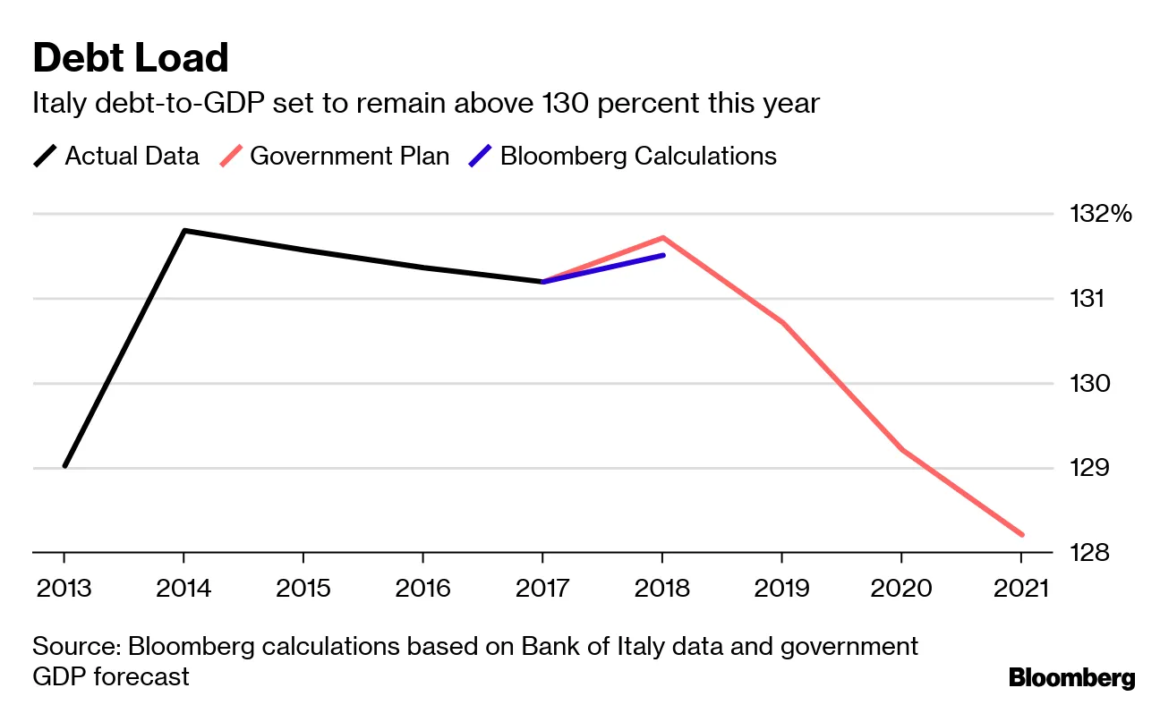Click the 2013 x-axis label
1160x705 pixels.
point(64,588)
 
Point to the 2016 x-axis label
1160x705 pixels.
point(422,588)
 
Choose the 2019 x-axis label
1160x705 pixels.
point(781,588)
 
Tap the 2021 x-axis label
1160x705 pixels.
point(1020,588)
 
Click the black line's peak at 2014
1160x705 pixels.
point(183,231)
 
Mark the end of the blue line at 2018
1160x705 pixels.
point(662,255)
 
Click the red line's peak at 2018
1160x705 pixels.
point(662,237)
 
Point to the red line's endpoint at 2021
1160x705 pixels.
point(1021,535)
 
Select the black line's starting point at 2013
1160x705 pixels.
point(64,466)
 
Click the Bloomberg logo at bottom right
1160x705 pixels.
point(1071,678)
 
